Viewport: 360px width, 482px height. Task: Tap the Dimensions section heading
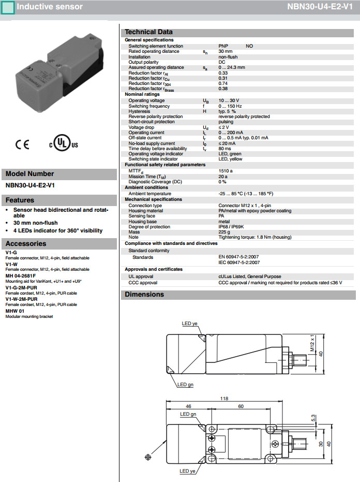click(x=144, y=294)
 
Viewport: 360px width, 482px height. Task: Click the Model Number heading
click(x=29, y=174)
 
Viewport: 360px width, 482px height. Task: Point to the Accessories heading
click(x=26, y=243)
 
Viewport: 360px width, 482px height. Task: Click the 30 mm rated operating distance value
click(x=225, y=51)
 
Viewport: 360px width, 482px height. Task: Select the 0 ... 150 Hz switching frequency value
click(x=231, y=106)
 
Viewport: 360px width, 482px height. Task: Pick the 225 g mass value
click(x=223, y=232)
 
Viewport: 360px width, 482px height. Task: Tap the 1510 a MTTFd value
click(x=226, y=170)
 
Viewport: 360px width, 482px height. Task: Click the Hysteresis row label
click(x=139, y=111)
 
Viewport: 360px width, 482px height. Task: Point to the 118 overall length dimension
click(x=223, y=398)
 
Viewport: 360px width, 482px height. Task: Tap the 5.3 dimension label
click(x=313, y=417)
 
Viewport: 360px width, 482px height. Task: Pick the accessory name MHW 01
click(x=14, y=311)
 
